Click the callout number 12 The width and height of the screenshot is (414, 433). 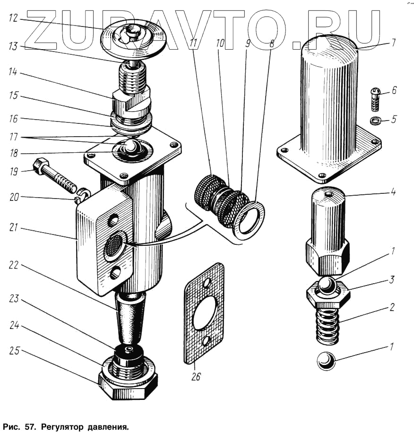tap(13, 18)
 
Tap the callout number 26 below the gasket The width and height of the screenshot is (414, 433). tap(196, 377)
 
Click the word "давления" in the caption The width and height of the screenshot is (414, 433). tap(108, 427)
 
